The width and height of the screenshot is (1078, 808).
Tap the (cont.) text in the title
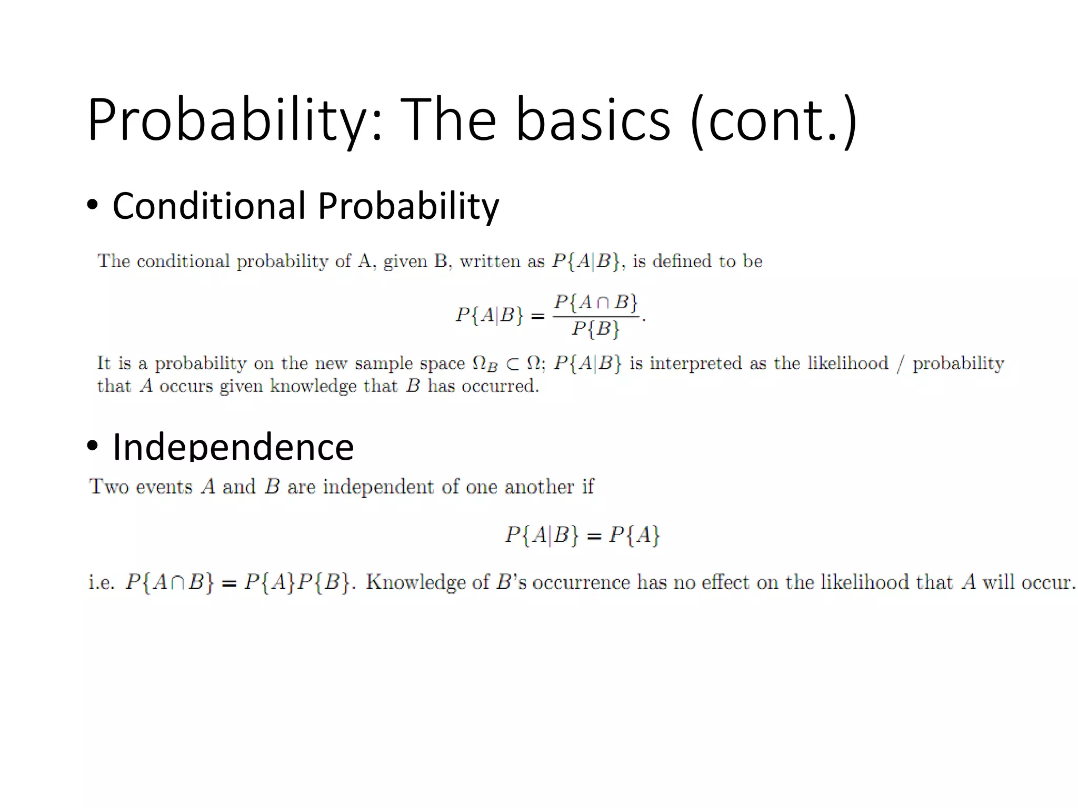[x=773, y=120]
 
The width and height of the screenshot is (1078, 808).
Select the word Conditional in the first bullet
[x=208, y=206]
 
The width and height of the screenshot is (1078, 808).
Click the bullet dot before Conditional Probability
[x=92, y=206]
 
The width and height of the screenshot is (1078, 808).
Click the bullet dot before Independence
[x=92, y=446]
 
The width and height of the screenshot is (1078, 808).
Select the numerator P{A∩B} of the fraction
[x=595, y=302]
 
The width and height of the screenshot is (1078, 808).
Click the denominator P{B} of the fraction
[x=595, y=329]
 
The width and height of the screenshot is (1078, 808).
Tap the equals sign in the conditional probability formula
[x=537, y=316]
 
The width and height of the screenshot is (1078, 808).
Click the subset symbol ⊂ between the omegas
[x=512, y=363]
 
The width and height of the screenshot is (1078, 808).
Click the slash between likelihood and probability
[x=901, y=363]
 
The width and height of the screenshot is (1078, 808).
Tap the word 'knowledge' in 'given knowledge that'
[x=313, y=386]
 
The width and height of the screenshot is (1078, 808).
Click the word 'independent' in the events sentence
[x=379, y=487]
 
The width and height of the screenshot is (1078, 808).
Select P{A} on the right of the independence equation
[x=634, y=535]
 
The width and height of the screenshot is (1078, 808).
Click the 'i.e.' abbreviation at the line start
[x=101, y=582]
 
